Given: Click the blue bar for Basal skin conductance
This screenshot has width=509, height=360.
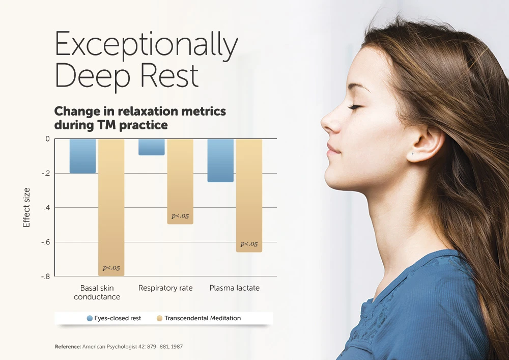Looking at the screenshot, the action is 83,156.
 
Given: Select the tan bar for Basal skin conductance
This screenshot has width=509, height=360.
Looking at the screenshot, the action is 111,208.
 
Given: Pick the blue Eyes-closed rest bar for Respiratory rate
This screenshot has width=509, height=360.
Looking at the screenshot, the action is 152,147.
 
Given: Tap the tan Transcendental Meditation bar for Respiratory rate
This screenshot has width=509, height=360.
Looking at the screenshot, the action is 180,182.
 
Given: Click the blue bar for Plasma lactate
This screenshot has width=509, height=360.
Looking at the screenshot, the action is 220,161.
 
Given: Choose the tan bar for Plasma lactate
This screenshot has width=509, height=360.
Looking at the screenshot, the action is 249,196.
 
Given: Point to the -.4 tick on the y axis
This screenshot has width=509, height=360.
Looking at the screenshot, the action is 46,207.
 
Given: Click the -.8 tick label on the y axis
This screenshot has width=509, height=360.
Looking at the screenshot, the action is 46,276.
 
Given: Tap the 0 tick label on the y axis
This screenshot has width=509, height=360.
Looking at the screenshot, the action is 48,139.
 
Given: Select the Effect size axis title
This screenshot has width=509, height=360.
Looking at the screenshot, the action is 26,207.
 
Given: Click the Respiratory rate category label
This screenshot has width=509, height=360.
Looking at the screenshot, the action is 165,288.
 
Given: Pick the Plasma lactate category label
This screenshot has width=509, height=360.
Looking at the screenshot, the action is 235,288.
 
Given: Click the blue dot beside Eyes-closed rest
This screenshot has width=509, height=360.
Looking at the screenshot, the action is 90,318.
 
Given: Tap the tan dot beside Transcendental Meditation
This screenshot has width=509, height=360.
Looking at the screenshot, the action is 159,318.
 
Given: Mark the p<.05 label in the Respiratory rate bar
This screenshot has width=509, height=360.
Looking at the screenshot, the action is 180,216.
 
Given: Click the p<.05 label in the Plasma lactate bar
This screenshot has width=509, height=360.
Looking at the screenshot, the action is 249,244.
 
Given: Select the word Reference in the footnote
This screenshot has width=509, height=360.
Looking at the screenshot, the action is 68,347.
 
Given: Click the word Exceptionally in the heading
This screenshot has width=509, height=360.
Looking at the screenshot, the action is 147,44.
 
